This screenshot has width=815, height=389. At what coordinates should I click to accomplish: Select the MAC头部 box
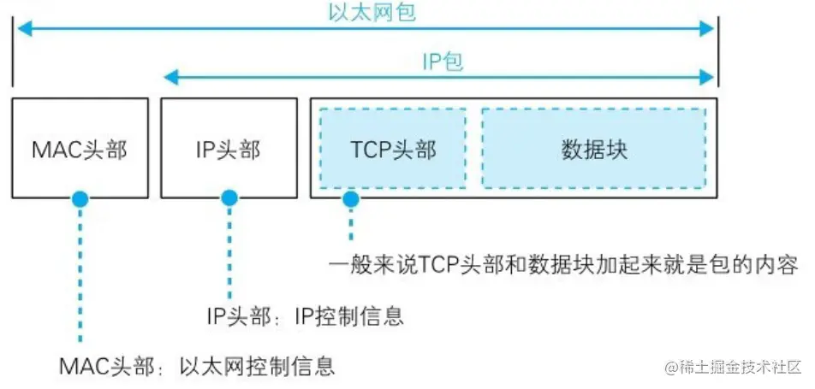pyautogui.click(x=80, y=149)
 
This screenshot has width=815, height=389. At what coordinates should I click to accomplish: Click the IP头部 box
pyautogui.click(x=228, y=149)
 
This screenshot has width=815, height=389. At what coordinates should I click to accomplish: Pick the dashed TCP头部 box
pyautogui.click(x=393, y=149)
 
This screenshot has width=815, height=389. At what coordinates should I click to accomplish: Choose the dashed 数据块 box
pyautogui.click(x=594, y=149)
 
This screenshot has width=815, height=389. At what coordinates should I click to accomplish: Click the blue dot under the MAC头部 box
pyautogui.click(x=80, y=199)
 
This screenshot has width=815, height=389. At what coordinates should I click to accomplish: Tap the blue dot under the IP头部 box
pyautogui.click(x=229, y=199)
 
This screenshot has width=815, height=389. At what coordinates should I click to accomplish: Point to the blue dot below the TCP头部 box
pyautogui.click(x=349, y=199)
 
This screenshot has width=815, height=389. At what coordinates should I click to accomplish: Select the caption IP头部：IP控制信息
pyautogui.click(x=305, y=315)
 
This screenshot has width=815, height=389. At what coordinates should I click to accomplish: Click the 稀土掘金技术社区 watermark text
pyautogui.click(x=735, y=368)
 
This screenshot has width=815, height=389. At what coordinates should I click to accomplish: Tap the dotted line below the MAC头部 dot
pyautogui.click(x=80, y=274)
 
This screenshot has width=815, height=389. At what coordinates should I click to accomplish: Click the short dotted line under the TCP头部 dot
pyautogui.click(x=349, y=224)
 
